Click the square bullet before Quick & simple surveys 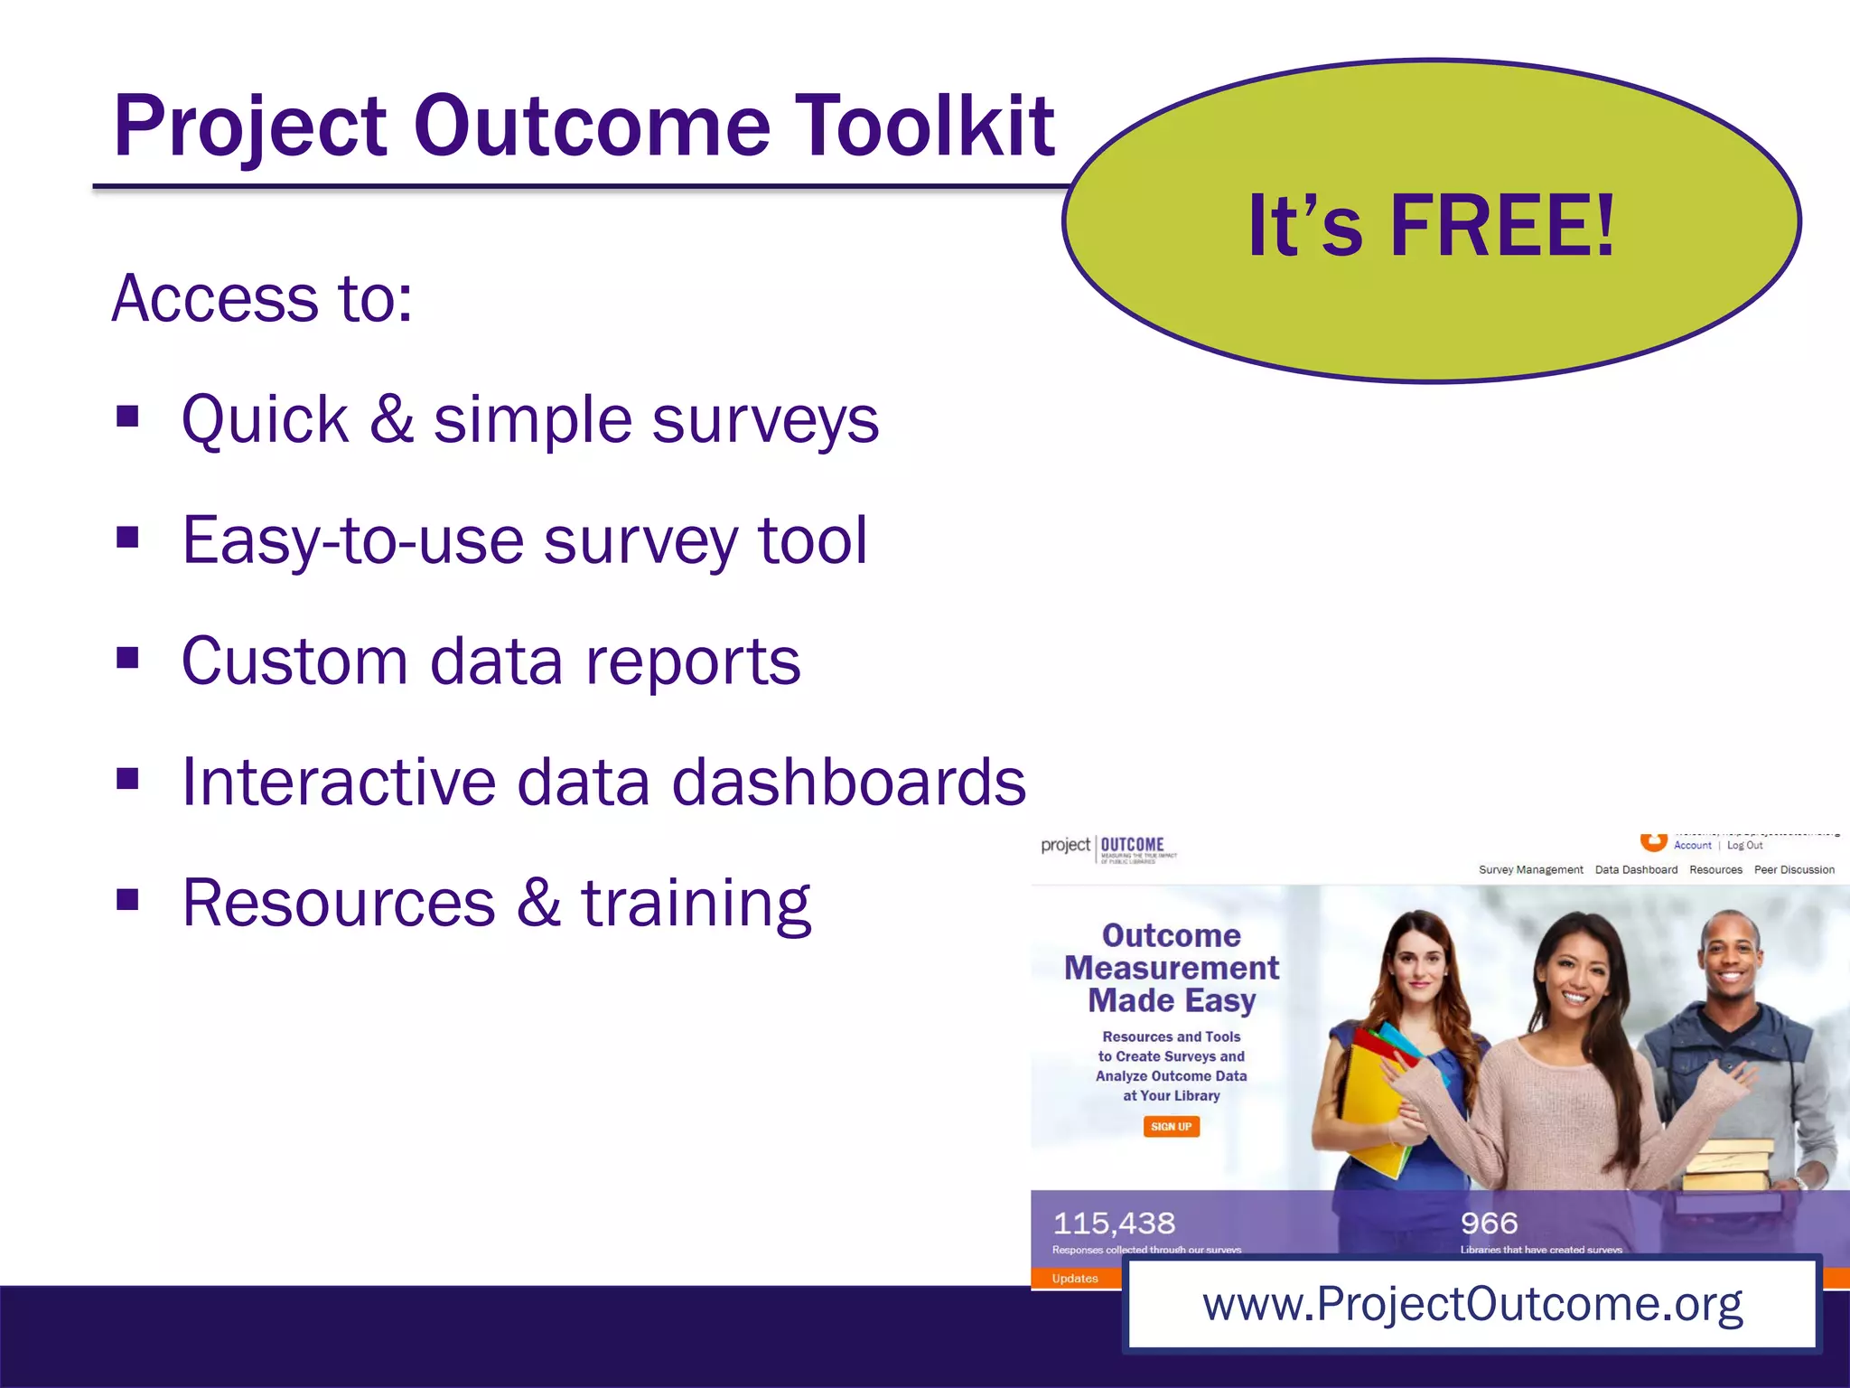pos(127,417)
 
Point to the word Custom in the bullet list pos(294,661)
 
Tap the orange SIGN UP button pos(1171,1127)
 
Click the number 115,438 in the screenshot pos(1114,1224)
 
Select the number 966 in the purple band pos(1489,1224)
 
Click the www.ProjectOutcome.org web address pos(1472,1304)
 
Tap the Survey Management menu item pos(1530,869)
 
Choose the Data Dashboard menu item pos(1635,869)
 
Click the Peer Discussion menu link pos(1793,869)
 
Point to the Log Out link pos(1744,846)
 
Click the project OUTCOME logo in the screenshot pos(1107,847)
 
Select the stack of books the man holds pos(1727,1166)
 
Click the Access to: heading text pos(262,298)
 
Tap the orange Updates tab pos(1075,1278)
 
